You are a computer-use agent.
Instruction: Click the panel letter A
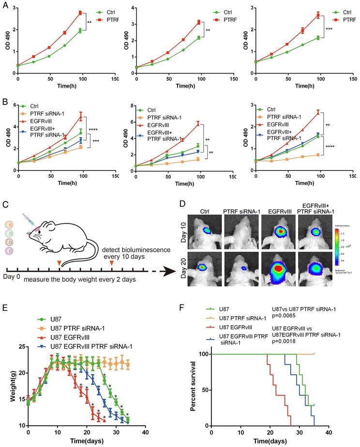[4, 4]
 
